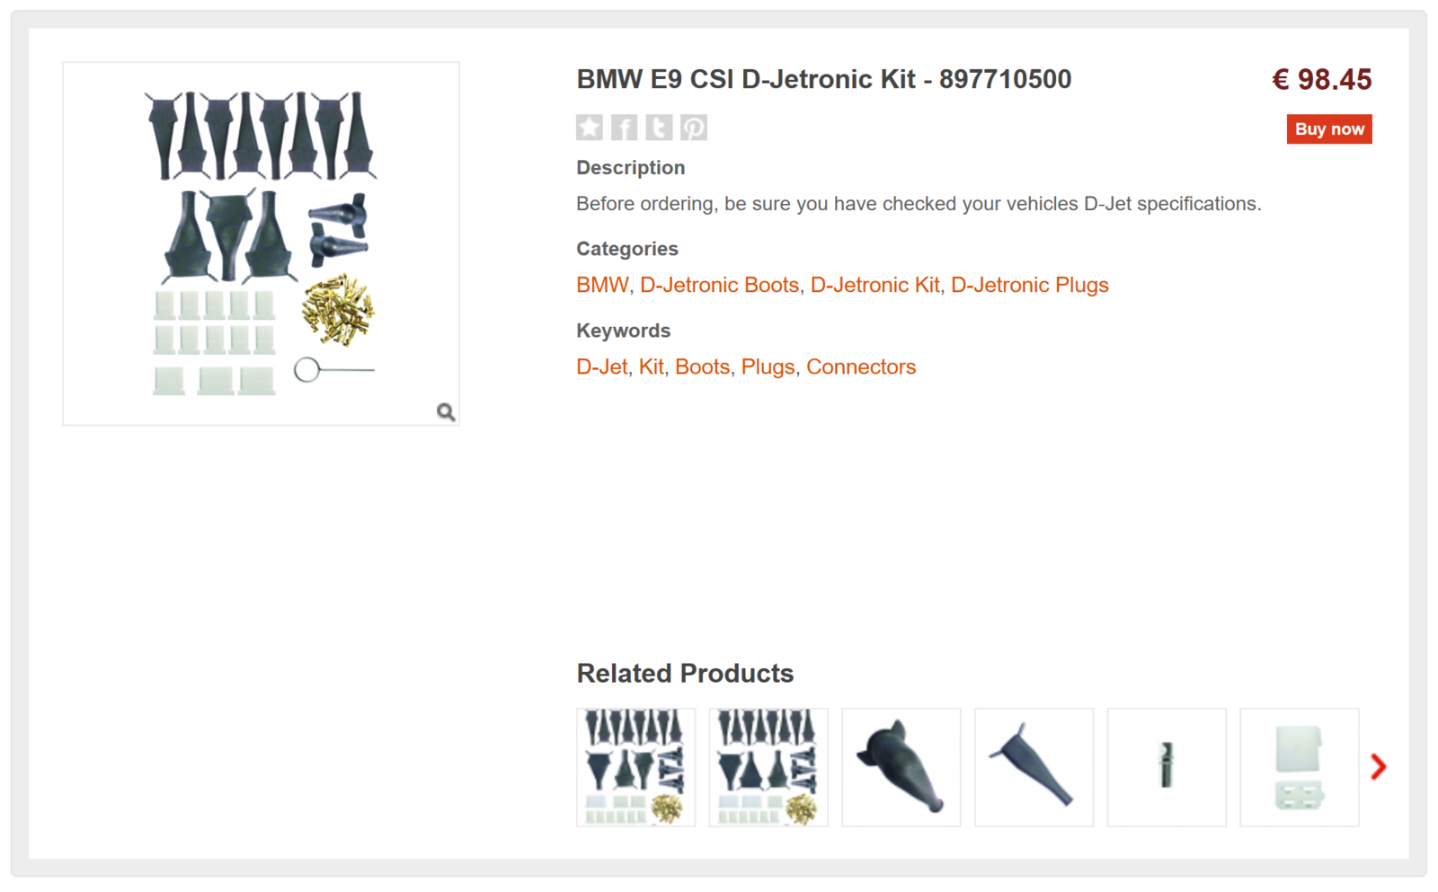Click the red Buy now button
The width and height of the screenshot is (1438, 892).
pyautogui.click(x=1328, y=129)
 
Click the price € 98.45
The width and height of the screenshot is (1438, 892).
pyautogui.click(x=1321, y=80)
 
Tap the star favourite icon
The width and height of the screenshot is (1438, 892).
pyautogui.click(x=590, y=128)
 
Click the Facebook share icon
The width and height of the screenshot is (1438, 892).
pyautogui.click(x=624, y=128)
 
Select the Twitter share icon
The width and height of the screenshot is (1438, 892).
pyautogui.click(x=659, y=128)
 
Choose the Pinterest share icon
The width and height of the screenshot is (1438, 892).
pyautogui.click(x=693, y=128)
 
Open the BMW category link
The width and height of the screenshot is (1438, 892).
pyautogui.click(x=602, y=286)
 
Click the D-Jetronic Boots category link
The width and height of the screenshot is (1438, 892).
pyautogui.click(x=719, y=286)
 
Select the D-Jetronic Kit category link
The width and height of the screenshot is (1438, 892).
pyautogui.click(x=874, y=286)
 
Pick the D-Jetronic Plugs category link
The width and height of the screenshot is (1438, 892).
pyautogui.click(x=1029, y=286)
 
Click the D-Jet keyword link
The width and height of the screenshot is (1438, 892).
pyautogui.click(x=601, y=367)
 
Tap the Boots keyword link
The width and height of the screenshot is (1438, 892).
pyautogui.click(x=702, y=367)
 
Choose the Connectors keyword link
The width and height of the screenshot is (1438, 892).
pyautogui.click(x=860, y=367)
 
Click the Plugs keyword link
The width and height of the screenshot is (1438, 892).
pyautogui.click(x=768, y=367)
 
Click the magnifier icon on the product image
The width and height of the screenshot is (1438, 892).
pyautogui.click(x=446, y=412)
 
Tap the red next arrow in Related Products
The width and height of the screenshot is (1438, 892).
pyautogui.click(x=1379, y=766)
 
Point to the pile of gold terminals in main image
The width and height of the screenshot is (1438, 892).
pyautogui.click(x=339, y=310)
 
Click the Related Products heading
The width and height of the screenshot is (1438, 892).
pyautogui.click(x=685, y=674)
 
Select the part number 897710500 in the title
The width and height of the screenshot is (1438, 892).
pyautogui.click(x=1005, y=80)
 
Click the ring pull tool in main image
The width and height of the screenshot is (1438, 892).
pyautogui.click(x=308, y=369)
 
